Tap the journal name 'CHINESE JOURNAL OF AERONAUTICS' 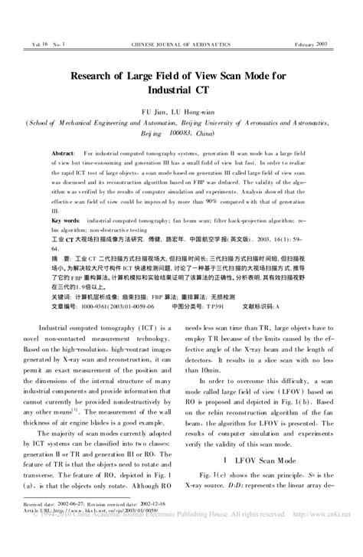click(181, 45)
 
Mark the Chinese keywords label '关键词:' click(64, 295)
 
